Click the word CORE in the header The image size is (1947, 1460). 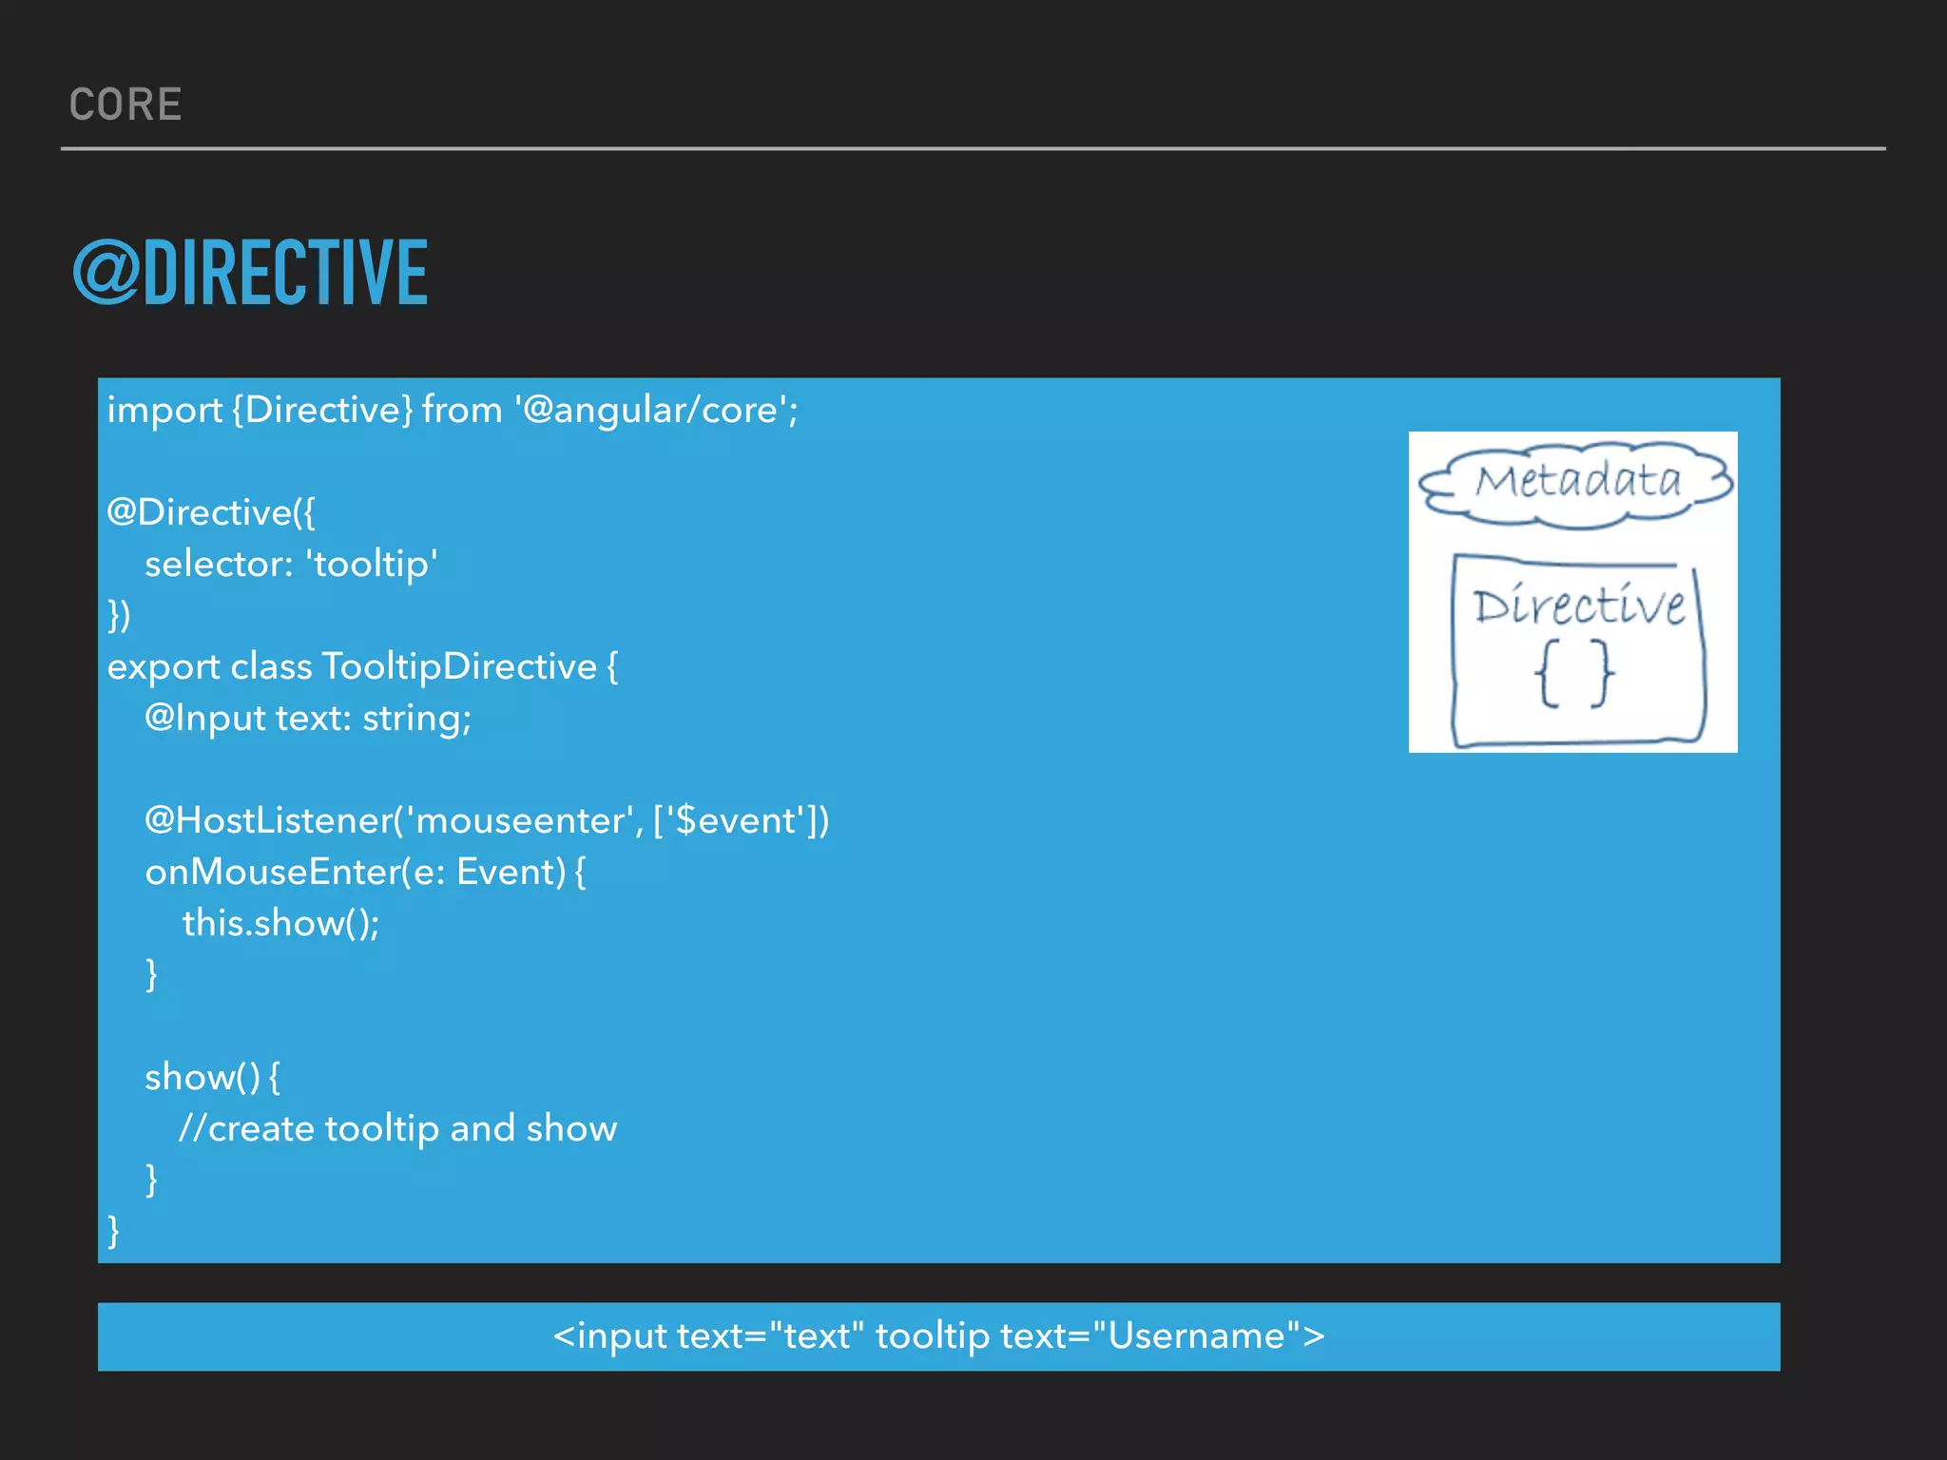click(x=125, y=105)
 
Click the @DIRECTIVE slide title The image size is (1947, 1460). click(x=251, y=274)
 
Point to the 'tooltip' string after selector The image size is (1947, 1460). click(x=372, y=565)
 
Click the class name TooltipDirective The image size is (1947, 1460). click(x=459, y=667)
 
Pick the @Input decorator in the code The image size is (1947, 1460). click(x=204, y=719)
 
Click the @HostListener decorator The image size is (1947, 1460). click(x=268, y=821)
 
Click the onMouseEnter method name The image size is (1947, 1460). click(x=268, y=873)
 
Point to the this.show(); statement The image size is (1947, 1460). click(x=280, y=924)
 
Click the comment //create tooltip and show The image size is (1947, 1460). click(x=398, y=1129)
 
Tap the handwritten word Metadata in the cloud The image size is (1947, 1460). click(x=1578, y=481)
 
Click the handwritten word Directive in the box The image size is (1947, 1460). click(x=1579, y=606)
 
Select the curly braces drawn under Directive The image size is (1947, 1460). click(x=1573, y=674)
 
